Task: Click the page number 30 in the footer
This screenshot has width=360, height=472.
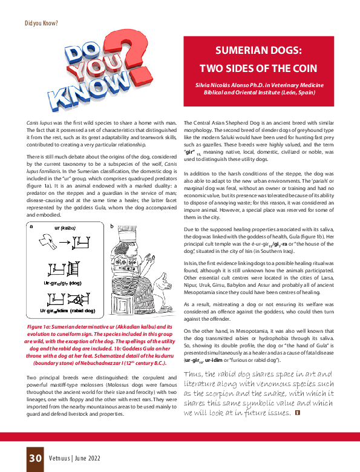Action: (x=34, y=457)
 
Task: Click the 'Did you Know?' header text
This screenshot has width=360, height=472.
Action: (x=41, y=23)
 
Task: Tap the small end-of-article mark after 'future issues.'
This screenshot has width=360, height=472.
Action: (x=296, y=413)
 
